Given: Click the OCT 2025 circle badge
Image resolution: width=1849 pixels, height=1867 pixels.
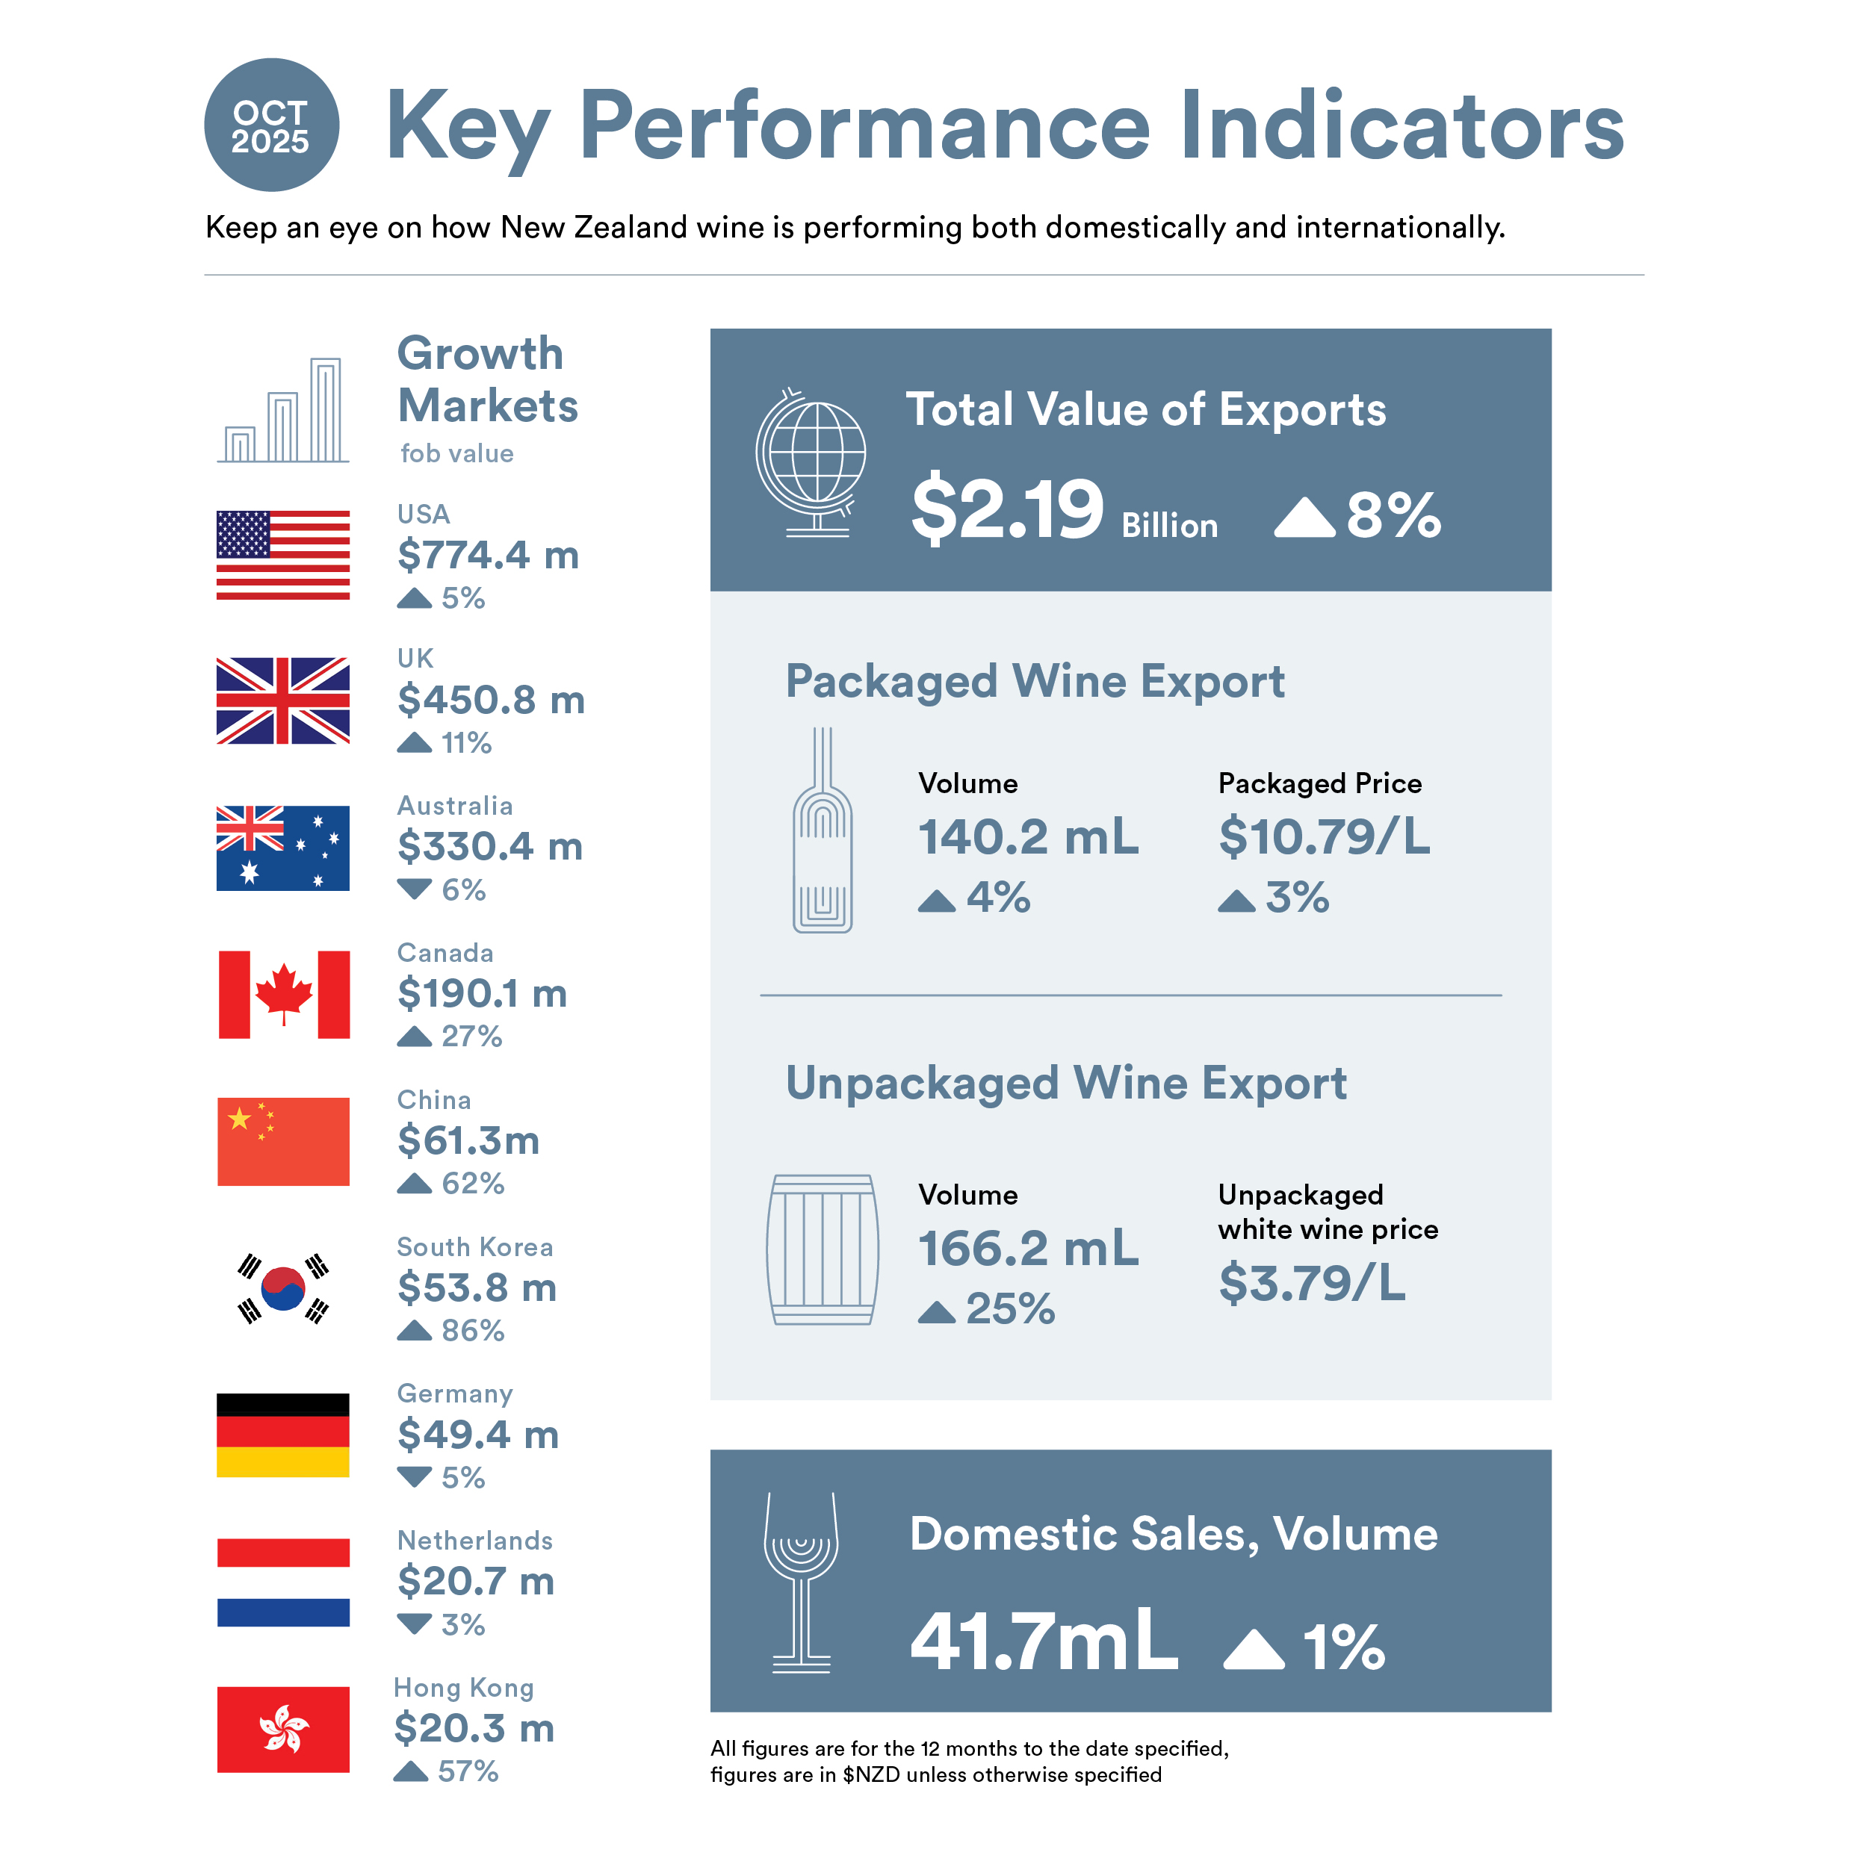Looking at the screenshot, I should (270, 125).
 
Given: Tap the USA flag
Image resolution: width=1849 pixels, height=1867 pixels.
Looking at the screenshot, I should (282, 555).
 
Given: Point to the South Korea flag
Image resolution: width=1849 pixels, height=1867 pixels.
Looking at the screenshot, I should (283, 1288).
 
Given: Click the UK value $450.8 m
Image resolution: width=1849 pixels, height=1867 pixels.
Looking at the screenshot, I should (490, 700).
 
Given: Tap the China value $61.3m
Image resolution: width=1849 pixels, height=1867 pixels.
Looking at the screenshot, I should (468, 1140).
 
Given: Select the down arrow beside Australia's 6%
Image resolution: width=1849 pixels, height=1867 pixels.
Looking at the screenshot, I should (414, 889).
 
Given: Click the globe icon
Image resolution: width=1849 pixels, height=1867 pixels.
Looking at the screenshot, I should (812, 462).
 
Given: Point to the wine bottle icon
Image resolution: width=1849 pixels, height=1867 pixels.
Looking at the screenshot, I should (822, 831).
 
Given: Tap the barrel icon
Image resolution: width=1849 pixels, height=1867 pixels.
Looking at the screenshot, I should (822, 1249).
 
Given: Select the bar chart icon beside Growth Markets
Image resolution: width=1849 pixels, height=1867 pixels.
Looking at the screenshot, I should (283, 410).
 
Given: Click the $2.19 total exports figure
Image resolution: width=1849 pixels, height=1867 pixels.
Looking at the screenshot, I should (1006, 509).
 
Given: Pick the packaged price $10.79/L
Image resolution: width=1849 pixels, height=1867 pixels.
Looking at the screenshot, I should (1323, 836).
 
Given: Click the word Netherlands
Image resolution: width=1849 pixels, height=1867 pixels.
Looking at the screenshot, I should (474, 1541).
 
